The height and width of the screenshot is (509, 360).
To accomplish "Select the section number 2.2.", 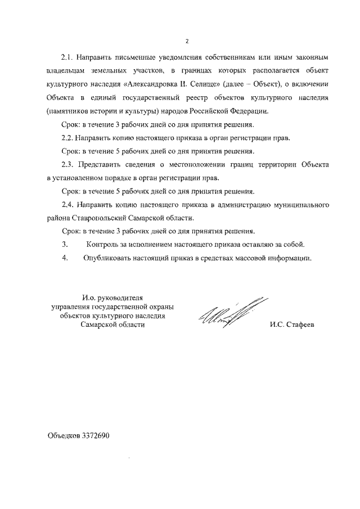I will click(x=67, y=137).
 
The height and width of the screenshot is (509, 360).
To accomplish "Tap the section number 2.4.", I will click(x=67, y=204).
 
